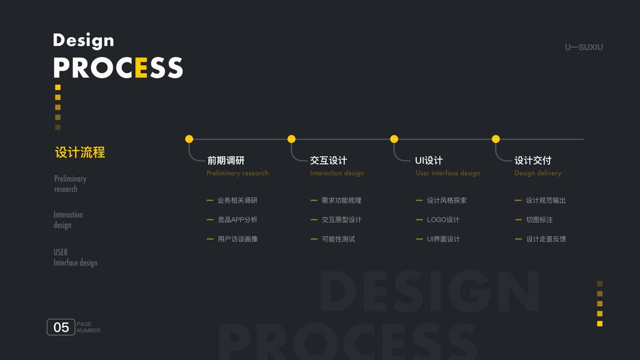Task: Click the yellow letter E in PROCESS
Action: tap(141, 68)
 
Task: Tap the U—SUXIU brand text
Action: tap(584, 47)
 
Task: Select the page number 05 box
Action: tap(61, 327)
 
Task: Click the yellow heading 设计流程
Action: tap(80, 152)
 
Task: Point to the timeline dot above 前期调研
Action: tap(189, 139)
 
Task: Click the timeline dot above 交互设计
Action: tap(292, 139)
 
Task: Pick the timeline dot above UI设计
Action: tap(394, 139)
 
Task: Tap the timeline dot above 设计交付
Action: tap(495, 139)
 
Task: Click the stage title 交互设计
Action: tap(328, 160)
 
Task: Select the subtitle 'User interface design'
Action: tap(447, 173)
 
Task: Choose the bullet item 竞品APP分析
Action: tap(238, 220)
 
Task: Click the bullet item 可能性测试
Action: tap(338, 239)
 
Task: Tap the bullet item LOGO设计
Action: tap(443, 220)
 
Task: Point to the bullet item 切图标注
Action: tap(539, 220)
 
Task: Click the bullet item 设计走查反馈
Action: tap(546, 239)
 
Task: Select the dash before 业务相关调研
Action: tap(210, 200)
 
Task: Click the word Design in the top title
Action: tap(83, 40)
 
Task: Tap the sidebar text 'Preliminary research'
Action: tap(70, 184)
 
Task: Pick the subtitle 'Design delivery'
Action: tap(537, 173)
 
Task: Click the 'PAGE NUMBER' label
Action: tap(88, 328)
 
